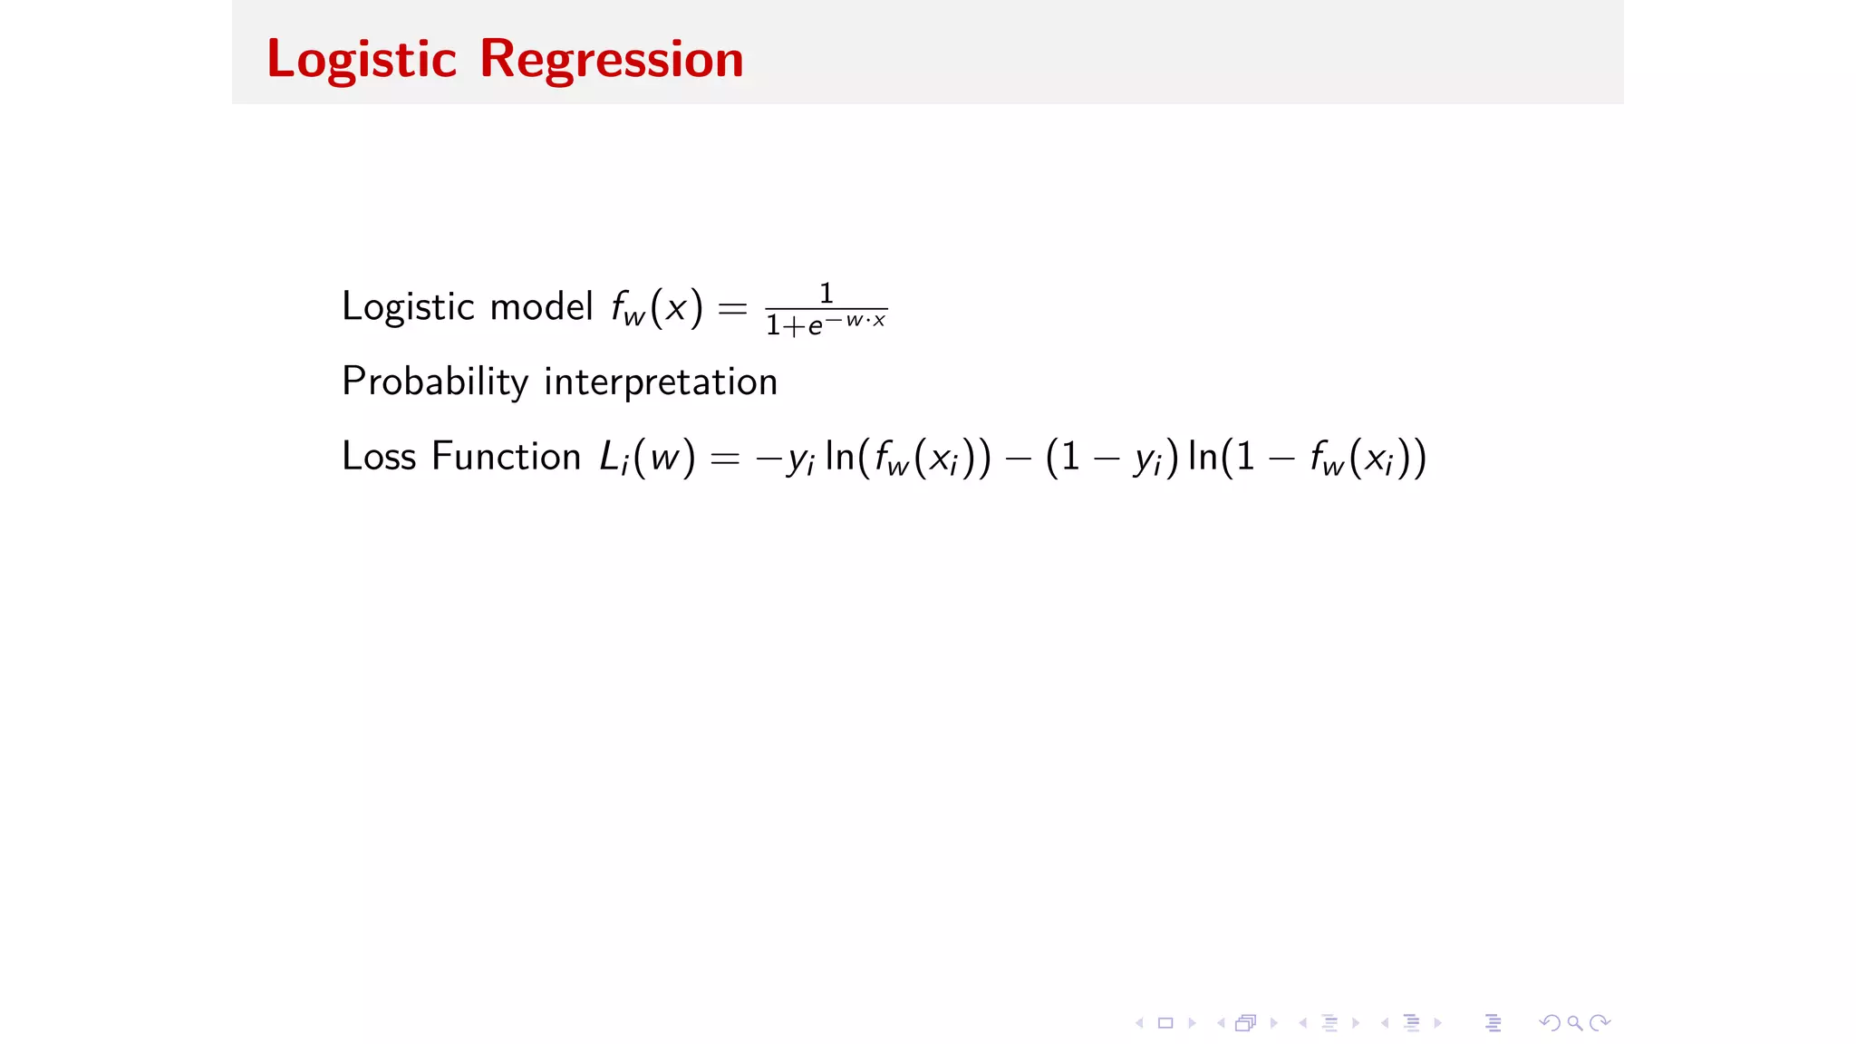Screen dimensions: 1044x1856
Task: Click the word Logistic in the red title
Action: point(362,60)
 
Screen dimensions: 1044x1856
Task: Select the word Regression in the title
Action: point(611,60)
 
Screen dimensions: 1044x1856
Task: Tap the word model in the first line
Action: point(541,306)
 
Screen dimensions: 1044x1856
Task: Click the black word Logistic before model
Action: point(408,306)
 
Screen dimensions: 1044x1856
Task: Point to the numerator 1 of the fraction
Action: point(826,293)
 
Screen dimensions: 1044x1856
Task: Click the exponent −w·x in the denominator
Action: point(855,320)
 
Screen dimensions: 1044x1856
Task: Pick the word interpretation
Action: point(661,382)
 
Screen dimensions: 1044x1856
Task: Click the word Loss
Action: point(379,456)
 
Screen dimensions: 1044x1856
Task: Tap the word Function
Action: point(506,456)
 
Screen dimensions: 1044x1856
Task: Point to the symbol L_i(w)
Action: point(647,458)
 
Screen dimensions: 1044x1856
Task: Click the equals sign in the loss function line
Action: point(725,459)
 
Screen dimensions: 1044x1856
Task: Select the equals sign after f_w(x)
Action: point(732,309)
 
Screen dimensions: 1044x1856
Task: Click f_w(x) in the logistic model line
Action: point(657,308)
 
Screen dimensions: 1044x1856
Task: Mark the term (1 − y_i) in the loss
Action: point(1112,458)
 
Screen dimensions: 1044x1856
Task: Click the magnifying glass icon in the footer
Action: point(1575,1023)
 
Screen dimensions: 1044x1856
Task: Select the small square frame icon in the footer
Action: point(1165,1023)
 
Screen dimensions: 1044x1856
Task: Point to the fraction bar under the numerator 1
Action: point(826,309)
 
